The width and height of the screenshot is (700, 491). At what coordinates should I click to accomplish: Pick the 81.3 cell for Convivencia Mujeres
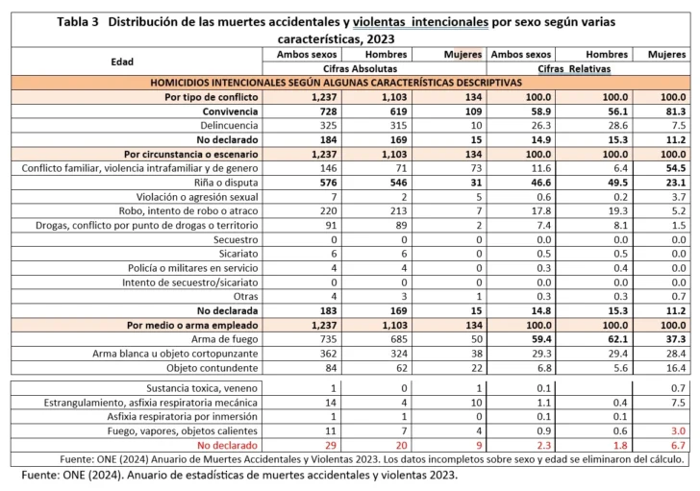(672, 112)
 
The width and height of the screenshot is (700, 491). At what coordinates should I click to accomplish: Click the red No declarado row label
(228, 447)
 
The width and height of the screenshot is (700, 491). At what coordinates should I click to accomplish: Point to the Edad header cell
(122, 61)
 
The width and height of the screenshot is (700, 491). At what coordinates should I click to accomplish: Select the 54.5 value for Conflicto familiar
(672, 167)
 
